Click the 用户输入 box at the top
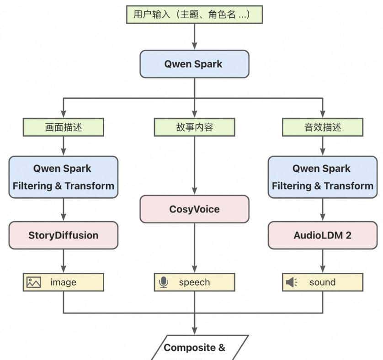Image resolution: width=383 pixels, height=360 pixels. click(194, 15)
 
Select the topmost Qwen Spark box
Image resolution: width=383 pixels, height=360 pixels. click(194, 64)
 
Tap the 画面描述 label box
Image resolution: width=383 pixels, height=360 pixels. click(64, 127)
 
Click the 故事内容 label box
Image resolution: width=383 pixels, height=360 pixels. click(194, 127)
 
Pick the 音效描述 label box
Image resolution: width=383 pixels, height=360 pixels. click(323, 127)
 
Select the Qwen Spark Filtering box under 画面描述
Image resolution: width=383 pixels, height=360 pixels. click(64, 177)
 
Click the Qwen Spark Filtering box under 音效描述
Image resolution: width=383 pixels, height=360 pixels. click(323, 177)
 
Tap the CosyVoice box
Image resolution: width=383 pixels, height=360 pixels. click(194, 209)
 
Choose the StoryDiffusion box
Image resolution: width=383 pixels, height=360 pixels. click(64, 235)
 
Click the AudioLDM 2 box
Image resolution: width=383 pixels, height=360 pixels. click(323, 235)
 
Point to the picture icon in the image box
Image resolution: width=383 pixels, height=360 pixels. click(33, 282)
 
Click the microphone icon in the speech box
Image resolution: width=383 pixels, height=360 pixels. click(163, 282)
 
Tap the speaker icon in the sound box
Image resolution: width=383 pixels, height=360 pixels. click(291, 282)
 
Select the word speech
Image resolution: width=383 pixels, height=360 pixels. click(194, 282)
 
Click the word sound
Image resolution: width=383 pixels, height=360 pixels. click(322, 282)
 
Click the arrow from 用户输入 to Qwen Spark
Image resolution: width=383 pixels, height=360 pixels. click(194, 37)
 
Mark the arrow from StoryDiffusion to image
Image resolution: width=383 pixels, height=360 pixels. click(64, 261)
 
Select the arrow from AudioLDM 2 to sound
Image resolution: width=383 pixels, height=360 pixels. click(323, 261)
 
